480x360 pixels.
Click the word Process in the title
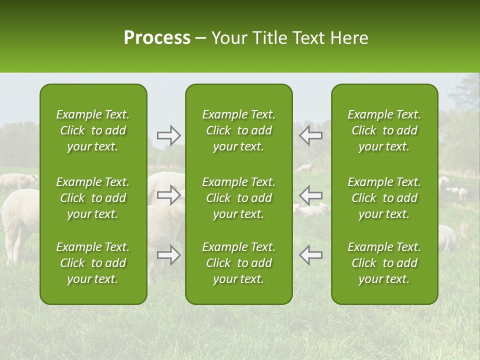[157, 38]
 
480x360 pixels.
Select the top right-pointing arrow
[168, 135]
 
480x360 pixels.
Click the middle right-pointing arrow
[168, 194]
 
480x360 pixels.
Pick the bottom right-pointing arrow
[168, 255]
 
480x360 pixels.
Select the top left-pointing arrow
[310, 135]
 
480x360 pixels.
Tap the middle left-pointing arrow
[310, 194]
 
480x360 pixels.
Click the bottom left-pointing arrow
[310, 255]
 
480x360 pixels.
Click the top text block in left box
[93, 130]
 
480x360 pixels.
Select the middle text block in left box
[93, 198]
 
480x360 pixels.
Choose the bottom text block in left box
[93, 263]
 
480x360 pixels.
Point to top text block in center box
[238, 130]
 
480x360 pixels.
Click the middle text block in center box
[238, 198]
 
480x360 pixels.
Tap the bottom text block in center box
[238, 263]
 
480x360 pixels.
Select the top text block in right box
[384, 130]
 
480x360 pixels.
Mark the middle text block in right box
[384, 198]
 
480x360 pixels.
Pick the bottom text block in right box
[384, 263]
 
